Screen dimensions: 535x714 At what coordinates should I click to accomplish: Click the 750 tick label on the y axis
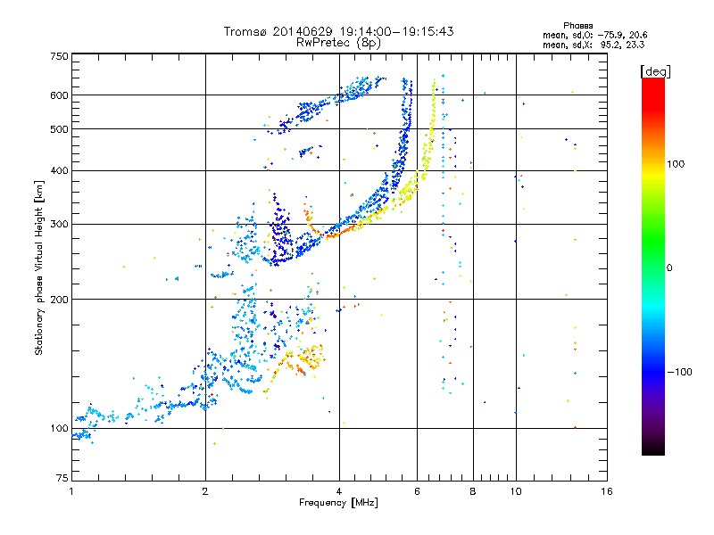tap(59, 56)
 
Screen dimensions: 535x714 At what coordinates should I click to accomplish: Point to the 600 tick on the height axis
tap(59, 95)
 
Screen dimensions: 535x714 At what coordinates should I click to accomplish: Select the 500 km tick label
tap(59, 129)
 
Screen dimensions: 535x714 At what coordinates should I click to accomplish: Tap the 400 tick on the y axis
tap(59, 170)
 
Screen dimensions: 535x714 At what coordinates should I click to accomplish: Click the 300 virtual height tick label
tap(59, 224)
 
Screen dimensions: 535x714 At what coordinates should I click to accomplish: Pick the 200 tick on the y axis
tap(59, 300)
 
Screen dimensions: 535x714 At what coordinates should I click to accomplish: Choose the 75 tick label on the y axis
tap(62, 479)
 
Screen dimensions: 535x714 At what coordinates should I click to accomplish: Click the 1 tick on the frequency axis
tap(71, 491)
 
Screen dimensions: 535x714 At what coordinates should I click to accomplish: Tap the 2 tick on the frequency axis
tap(205, 491)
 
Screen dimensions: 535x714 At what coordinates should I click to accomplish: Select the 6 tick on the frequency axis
tap(417, 491)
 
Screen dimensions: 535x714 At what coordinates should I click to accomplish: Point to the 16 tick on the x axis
tap(606, 491)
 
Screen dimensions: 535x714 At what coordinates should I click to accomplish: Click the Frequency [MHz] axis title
tap(338, 504)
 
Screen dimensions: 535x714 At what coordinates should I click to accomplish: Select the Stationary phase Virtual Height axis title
tap(39, 267)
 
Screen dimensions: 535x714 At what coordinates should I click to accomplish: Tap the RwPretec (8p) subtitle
tap(338, 42)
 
